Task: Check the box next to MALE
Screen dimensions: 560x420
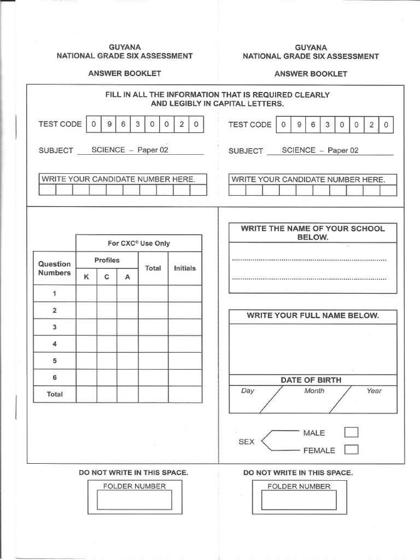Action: click(351, 433)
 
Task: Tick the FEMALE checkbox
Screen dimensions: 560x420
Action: click(351, 450)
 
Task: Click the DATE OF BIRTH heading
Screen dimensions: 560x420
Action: click(311, 380)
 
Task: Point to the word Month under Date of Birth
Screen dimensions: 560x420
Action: click(314, 391)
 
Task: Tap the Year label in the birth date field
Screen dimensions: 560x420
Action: click(374, 391)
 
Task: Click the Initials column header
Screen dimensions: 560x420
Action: click(184, 269)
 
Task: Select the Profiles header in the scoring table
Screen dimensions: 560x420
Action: click(107, 260)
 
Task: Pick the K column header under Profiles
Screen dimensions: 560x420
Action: click(86, 277)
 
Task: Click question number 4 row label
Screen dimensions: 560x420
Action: click(54, 344)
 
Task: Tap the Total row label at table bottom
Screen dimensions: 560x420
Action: click(54, 394)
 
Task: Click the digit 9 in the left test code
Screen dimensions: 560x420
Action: click(109, 124)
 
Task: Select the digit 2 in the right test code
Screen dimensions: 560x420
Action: click(371, 125)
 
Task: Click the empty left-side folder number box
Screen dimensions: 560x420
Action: click(134, 500)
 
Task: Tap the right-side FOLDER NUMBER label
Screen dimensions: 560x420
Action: click(299, 486)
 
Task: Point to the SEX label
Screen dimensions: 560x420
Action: click(246, 441)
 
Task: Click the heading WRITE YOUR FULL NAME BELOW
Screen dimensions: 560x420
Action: click(312, 316)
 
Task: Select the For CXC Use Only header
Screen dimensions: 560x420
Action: click(138, 243)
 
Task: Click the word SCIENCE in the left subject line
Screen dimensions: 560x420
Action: click(108, 150)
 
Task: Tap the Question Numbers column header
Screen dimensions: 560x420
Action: click(54, 268)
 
